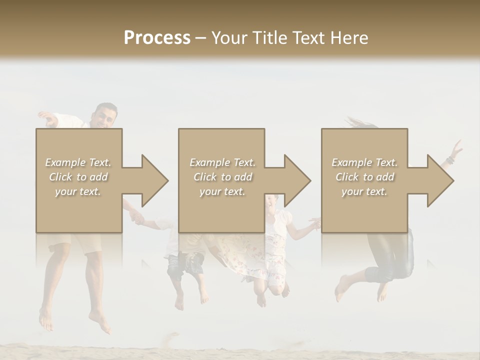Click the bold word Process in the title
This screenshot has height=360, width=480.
click(157, 37)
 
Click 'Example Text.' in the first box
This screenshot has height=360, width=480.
click(78, 162)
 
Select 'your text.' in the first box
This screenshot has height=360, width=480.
click(78, 191)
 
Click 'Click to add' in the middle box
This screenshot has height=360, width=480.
click(222, 176)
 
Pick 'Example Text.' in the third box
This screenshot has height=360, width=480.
click(364, 162)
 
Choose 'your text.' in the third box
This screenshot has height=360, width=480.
click(364, 191)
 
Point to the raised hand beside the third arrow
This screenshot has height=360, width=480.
click(456, 148)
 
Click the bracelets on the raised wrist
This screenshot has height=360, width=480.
click(450, 160)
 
